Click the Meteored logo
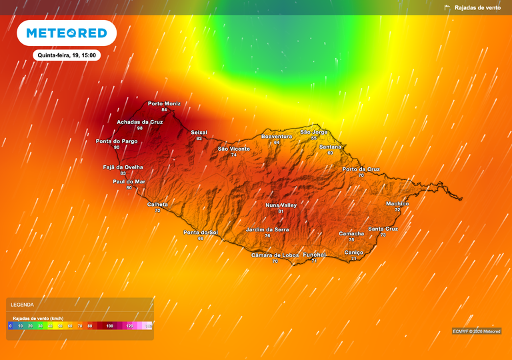click(66, 33)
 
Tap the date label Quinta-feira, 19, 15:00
click(66, 55)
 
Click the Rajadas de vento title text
click(477, 7)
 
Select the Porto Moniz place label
click(164, 103)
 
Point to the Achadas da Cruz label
click(140, 122)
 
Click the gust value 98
click(140, 128)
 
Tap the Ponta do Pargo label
click(117, 141)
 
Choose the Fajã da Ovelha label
click(123, 167)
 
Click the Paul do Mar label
click(129, 181)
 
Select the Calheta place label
click(157, 204)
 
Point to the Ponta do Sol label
click(201, 232)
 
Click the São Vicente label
click(234, 149)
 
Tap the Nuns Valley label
click(281, 205)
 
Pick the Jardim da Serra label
click(267, 229)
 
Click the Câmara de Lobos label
click(275, 255)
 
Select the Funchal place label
click(314, 255)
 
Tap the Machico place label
click(397, 203)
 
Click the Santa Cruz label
click(383, 229)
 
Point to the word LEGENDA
click(23, 305)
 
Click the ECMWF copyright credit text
click(476, 331)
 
